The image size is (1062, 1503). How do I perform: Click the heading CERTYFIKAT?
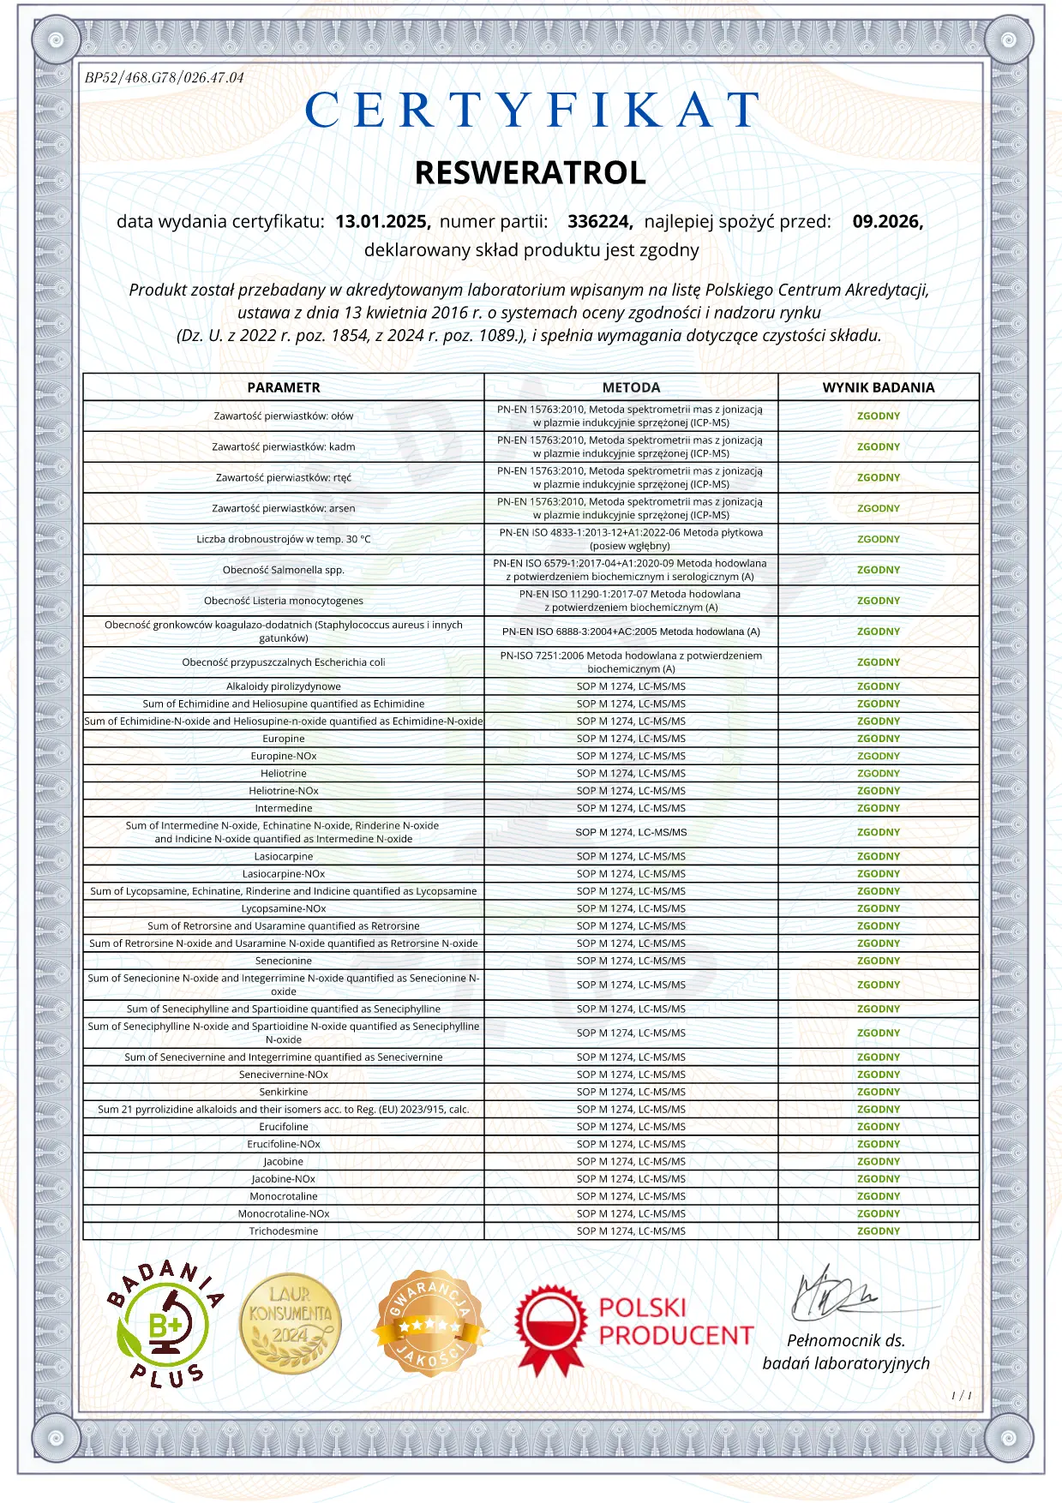[531, 111]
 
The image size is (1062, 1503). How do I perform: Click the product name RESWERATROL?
[531, 173]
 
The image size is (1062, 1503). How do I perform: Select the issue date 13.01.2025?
[382, 222]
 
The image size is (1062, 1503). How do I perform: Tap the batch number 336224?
[599, 222]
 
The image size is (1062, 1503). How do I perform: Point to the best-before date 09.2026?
[887, 222]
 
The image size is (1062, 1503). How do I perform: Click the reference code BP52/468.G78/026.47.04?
[164, 78]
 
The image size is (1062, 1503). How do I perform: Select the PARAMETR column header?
[284, 387]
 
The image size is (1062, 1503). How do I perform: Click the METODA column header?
[631, 387]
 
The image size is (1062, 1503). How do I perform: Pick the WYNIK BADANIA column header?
[879, 387]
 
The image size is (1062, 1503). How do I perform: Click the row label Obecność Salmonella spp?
[284, 570]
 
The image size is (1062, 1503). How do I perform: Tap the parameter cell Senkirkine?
[284, 1093]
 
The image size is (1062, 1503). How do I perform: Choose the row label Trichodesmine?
[284, 1231]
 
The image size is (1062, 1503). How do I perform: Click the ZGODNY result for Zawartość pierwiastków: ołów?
[879, 416]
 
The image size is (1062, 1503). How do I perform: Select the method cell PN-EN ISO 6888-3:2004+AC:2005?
[631, 632]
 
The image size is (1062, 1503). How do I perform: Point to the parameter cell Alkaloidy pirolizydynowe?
[284, 686]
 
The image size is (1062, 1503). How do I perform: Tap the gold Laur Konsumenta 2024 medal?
[291, 1324]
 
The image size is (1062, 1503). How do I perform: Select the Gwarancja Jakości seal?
[431, 1324]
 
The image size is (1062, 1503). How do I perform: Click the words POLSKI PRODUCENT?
[675, 1322]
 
